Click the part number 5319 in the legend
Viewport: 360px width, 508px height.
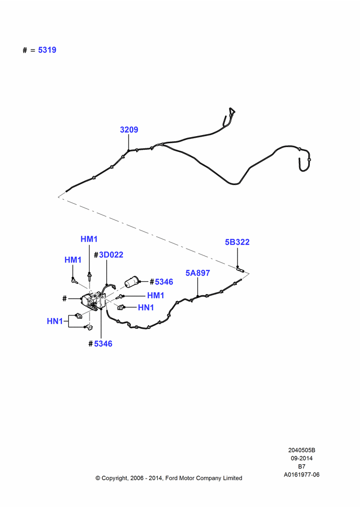[x=47, y=50]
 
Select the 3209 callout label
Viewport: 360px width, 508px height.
[x=129, y=130]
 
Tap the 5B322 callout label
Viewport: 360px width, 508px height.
[x=237, y=242]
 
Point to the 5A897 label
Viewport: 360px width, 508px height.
[x=197, y=273]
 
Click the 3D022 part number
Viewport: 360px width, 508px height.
[x=111, y=255]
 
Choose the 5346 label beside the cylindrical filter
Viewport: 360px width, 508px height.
[x=164, y=282]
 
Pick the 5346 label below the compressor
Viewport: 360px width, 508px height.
[x=103, y=344]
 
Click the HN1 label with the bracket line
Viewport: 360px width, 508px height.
[x=55, y=321]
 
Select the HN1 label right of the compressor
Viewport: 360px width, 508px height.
[x=146, y=307]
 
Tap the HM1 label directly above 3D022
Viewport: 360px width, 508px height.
[x=89, y=239]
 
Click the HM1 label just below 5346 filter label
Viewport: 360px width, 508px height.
[x=156, y=296]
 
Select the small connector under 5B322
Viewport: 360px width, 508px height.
[x=241, y=269]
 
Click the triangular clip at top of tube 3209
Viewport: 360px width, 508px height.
[x=231, y=111]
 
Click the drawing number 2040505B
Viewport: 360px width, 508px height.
[x=302, y=450]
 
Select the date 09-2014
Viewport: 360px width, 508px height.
[x=302, y=458]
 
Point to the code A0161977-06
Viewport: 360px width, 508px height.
[x=302, y=474]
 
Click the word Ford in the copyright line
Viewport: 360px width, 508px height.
[x=172, y=478]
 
